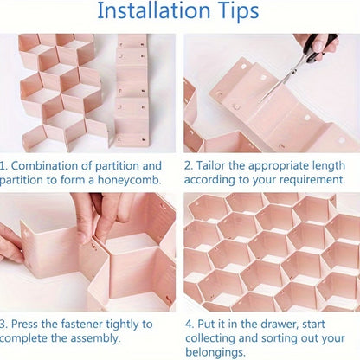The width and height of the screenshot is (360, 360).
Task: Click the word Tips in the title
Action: coord(233,13)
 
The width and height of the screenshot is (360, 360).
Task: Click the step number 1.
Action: coord(5,164)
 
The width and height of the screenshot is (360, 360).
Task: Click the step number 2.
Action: coord(189,164)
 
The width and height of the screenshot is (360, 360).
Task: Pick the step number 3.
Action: coord(5,324)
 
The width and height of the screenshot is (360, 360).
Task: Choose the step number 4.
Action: coord(189,324)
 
